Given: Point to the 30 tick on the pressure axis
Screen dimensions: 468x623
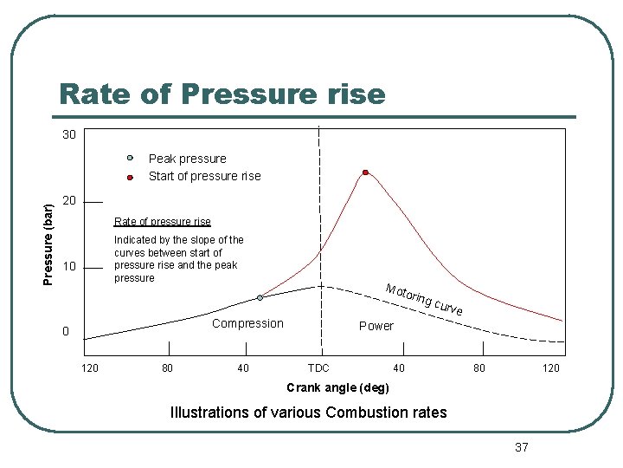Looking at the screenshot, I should click(x=68, y=135).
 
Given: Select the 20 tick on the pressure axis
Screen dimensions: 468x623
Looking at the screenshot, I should click(x=69, y=201).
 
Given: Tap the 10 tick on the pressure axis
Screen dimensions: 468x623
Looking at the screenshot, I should click(x=69, y=265).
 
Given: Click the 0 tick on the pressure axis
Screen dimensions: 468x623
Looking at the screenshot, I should click(x=65, y=332).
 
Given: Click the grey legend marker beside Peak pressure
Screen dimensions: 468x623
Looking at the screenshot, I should click(x=129, y=159).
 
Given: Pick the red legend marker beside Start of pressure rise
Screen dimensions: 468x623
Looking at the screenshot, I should click(x=129, y=177).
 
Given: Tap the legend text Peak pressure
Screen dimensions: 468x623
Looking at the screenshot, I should click(x=187, y=159).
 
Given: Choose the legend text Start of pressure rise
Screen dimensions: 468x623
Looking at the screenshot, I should click(x=204, y=176).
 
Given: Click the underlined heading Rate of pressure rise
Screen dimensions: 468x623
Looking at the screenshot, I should click(x=162, y=221).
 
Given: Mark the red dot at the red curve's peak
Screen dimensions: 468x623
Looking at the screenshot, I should click(x=365, y=172).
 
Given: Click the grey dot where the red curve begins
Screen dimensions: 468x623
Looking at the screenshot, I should click(x=260, y=297).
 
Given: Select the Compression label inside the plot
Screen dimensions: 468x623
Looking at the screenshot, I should click(x=247, y=323).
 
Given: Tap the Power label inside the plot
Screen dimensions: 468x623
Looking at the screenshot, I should click(x=376, y=326).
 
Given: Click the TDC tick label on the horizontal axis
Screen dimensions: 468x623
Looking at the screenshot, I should click(x=318, y=368).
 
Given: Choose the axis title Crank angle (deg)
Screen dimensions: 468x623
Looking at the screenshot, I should click(x=337, y=387).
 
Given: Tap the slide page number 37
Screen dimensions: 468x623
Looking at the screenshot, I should click(x=521, y=447).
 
